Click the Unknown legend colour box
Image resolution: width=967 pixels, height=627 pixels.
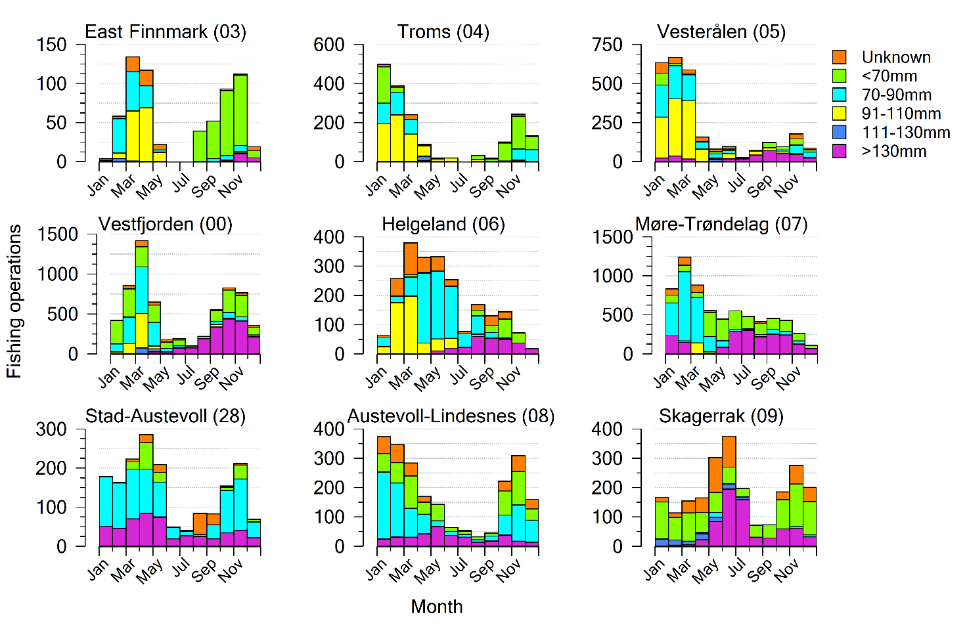[x=839, y=57]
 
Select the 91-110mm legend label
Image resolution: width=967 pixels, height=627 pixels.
[x=901, y=114]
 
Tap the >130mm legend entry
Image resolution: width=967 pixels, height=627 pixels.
[x=893, y=152]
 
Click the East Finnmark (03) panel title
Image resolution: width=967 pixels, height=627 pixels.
[x=166, y=32]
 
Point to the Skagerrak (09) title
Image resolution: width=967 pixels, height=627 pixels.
[x=721, y=416]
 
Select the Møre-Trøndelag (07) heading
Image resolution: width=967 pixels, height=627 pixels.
[x=721, y=224]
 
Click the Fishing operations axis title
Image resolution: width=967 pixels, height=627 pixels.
[x=14, y=301]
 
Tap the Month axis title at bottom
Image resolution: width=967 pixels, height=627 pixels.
[x=436, y=606]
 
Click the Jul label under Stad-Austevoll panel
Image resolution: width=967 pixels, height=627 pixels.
[x=181, y=567]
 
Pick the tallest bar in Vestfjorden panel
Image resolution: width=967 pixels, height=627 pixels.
[x=141, y=299]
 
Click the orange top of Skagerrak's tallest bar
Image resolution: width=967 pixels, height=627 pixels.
[x=729, y=451]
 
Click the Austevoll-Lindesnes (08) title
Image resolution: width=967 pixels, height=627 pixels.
[x=451, y=416]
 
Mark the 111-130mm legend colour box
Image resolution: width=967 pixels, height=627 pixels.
[x=839, y=133]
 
